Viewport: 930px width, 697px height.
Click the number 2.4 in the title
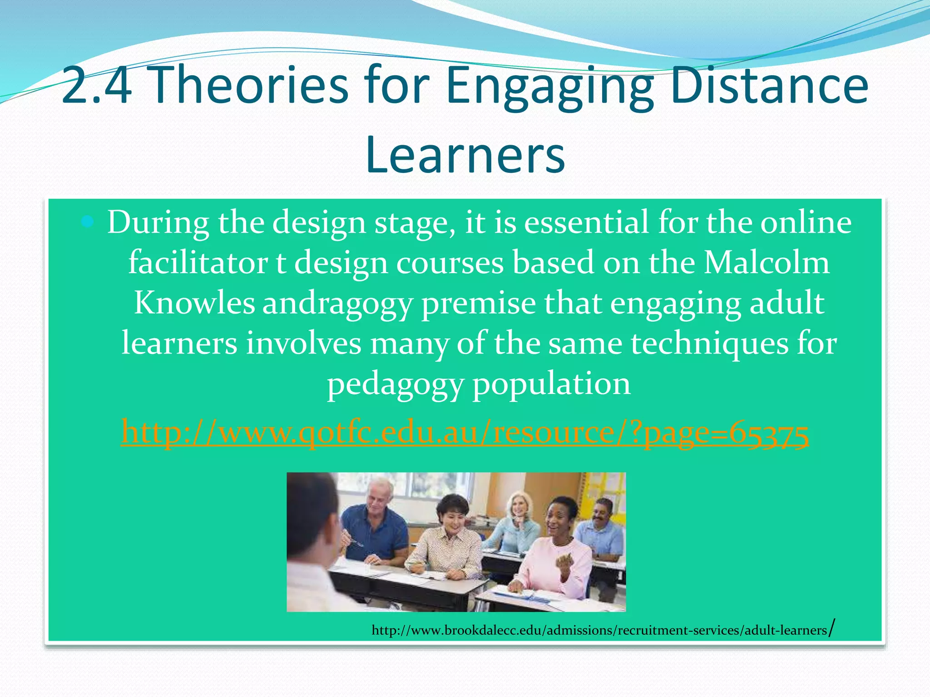tap(96, 85)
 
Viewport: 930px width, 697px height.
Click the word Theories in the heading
tap(248, 85)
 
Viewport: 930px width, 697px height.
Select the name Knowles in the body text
tap(194, 303)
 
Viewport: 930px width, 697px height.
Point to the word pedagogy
tap(395, 385)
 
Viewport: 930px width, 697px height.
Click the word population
tap(552, 385)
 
